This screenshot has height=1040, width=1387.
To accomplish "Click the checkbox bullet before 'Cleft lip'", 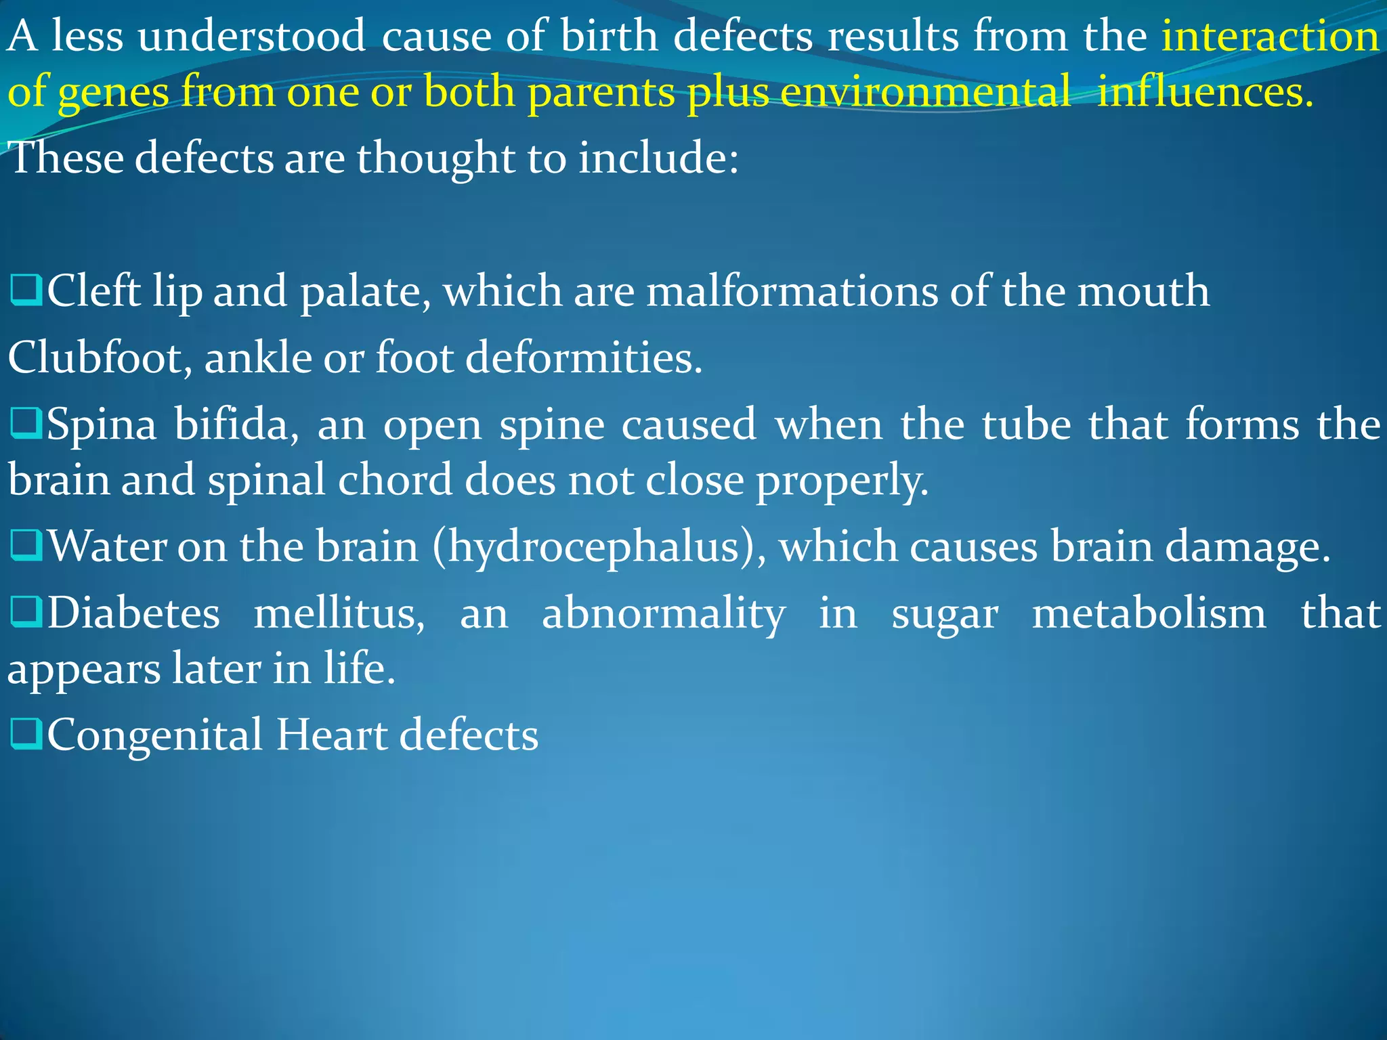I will point(26,290).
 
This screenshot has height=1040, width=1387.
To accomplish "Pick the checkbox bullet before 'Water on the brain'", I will point(26,545).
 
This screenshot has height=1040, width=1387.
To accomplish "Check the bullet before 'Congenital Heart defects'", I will point(26,734).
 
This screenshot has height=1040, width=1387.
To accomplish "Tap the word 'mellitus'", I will point(339,613).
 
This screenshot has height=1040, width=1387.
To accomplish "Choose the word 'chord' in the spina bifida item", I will point(395,479).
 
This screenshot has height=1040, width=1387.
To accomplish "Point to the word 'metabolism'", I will point(1149,613).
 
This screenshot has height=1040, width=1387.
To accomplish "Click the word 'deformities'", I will point(584,357).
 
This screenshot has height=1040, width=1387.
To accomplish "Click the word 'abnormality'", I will point(664,614).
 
